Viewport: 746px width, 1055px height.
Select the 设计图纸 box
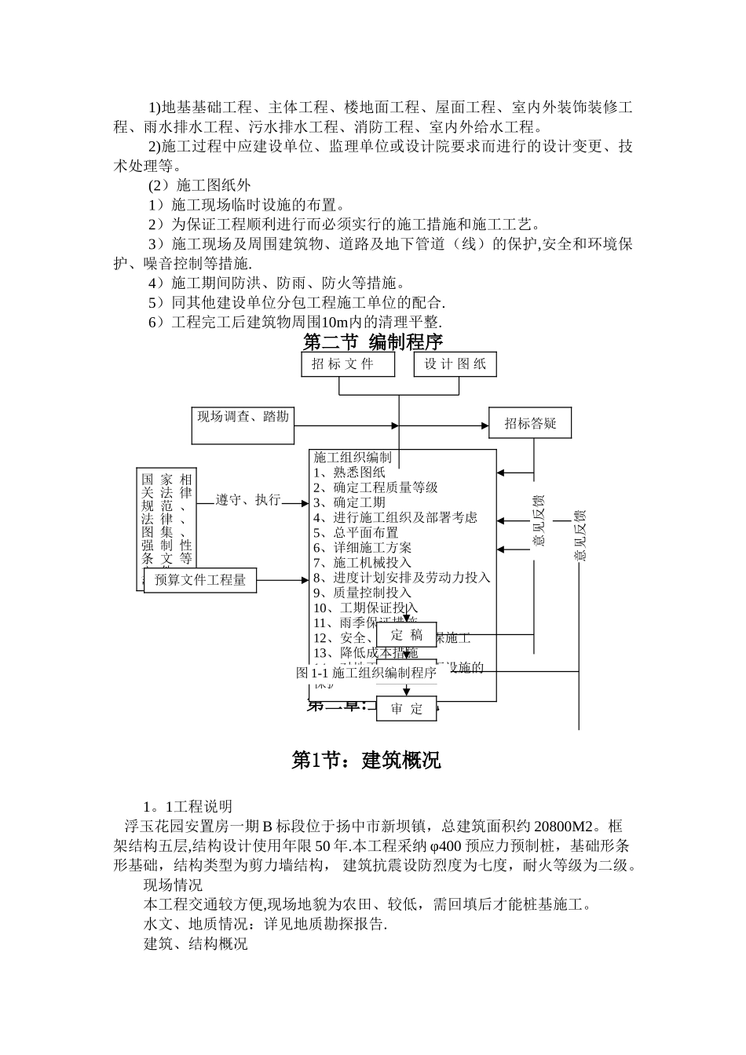(x=455, y=364)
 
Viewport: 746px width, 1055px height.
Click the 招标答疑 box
(x=530, y=424)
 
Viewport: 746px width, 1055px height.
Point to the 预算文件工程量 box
(x=200, y=580)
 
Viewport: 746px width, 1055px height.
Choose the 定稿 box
(x=406, y=635)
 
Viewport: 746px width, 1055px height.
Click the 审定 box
(x=406, y=708)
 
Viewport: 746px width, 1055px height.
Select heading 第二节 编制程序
(x=373, y=342)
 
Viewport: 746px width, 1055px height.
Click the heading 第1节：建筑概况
(x=366, y=760)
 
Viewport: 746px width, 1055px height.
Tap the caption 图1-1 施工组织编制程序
(x=366, y=673)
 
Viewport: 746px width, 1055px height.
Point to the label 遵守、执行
(x=248, y=500)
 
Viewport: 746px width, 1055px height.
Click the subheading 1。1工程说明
(x=188, y=806)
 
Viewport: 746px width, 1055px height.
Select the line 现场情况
(x=173, y=885)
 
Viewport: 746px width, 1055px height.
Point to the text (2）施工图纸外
(x=199, y=185)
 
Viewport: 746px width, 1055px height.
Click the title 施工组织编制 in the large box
(x=353, y=457)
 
